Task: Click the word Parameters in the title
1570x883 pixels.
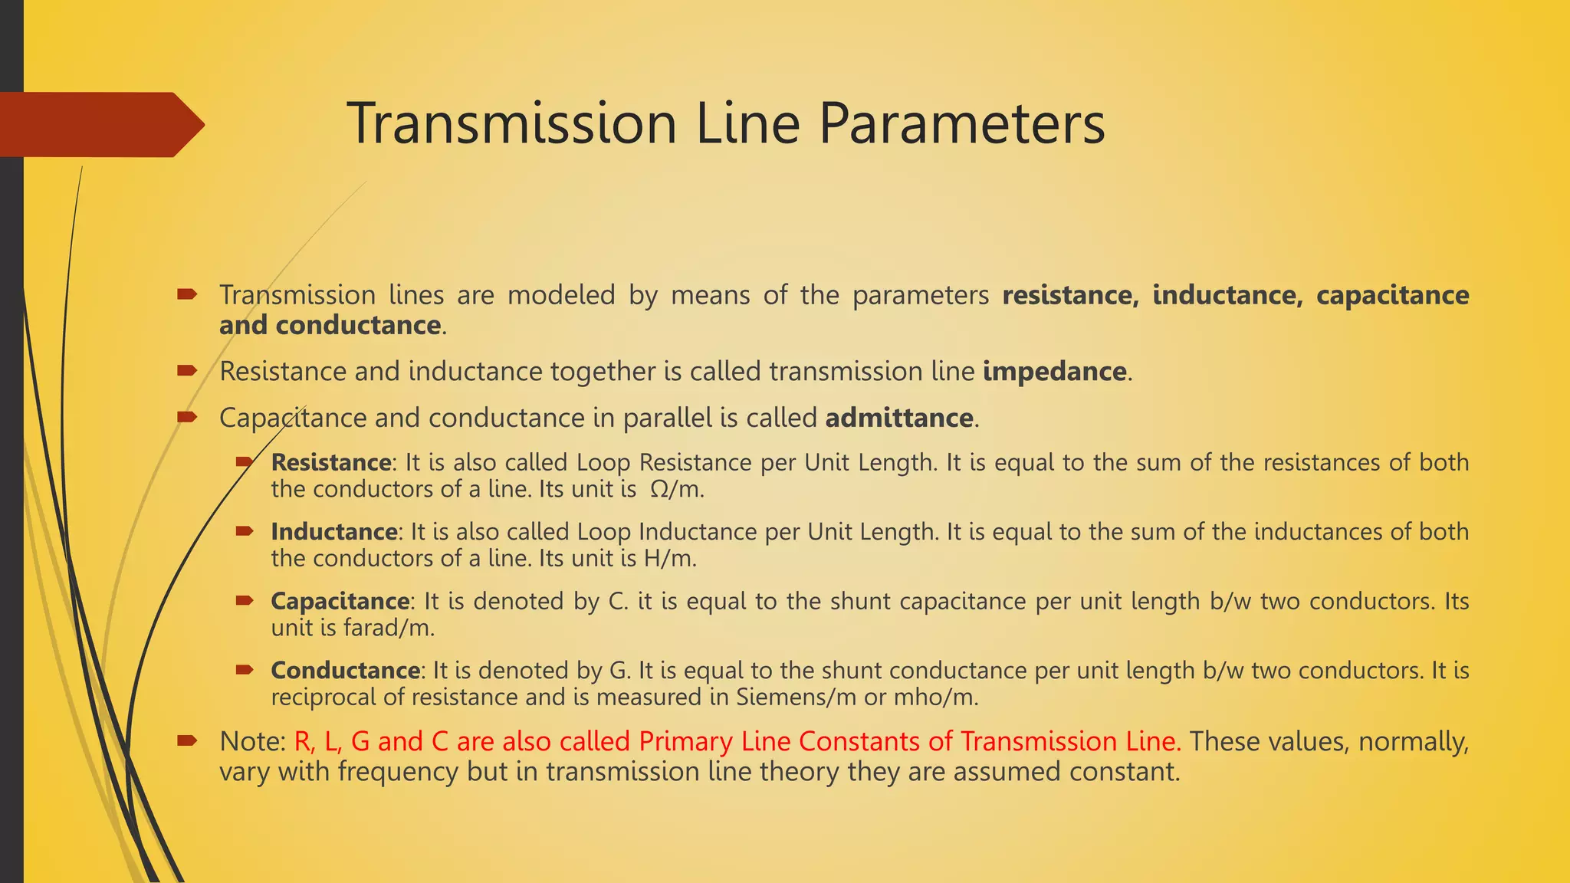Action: [x=961, y=124]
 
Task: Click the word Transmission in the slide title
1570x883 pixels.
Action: [x=511, y=124]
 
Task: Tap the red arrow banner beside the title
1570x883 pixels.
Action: [x=100, y=125]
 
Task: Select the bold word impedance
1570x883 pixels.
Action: [x=1054, y=372]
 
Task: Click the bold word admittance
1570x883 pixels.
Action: [x=898, y=419]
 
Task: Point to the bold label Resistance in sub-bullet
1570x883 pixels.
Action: [x=331, y=463]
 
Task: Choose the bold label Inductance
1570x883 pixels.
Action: [x=333, y=532]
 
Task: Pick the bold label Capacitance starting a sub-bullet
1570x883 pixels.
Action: [x=340, y=601]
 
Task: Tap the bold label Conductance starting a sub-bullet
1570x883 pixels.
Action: [x=345, y=671]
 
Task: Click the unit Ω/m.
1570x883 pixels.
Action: [x=675, y=490]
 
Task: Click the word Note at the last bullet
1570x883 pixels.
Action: [x=251, y=742]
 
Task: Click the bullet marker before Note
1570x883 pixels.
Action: [x=187, y=740]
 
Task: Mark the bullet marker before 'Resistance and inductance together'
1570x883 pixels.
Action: [x=187, y=371]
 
